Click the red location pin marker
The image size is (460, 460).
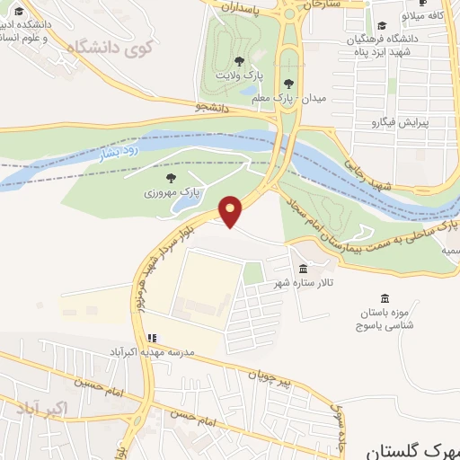(231, 210)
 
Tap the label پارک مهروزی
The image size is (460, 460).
(171, 193)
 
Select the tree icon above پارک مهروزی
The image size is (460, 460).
(171, 178)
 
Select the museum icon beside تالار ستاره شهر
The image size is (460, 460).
(302, 270)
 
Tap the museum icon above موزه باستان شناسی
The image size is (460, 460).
(385, 298)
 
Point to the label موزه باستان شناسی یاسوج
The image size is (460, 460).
(392, 318)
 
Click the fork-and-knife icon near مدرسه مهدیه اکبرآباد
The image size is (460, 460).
(151, 338)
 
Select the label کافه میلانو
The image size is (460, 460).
(424, 15)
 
